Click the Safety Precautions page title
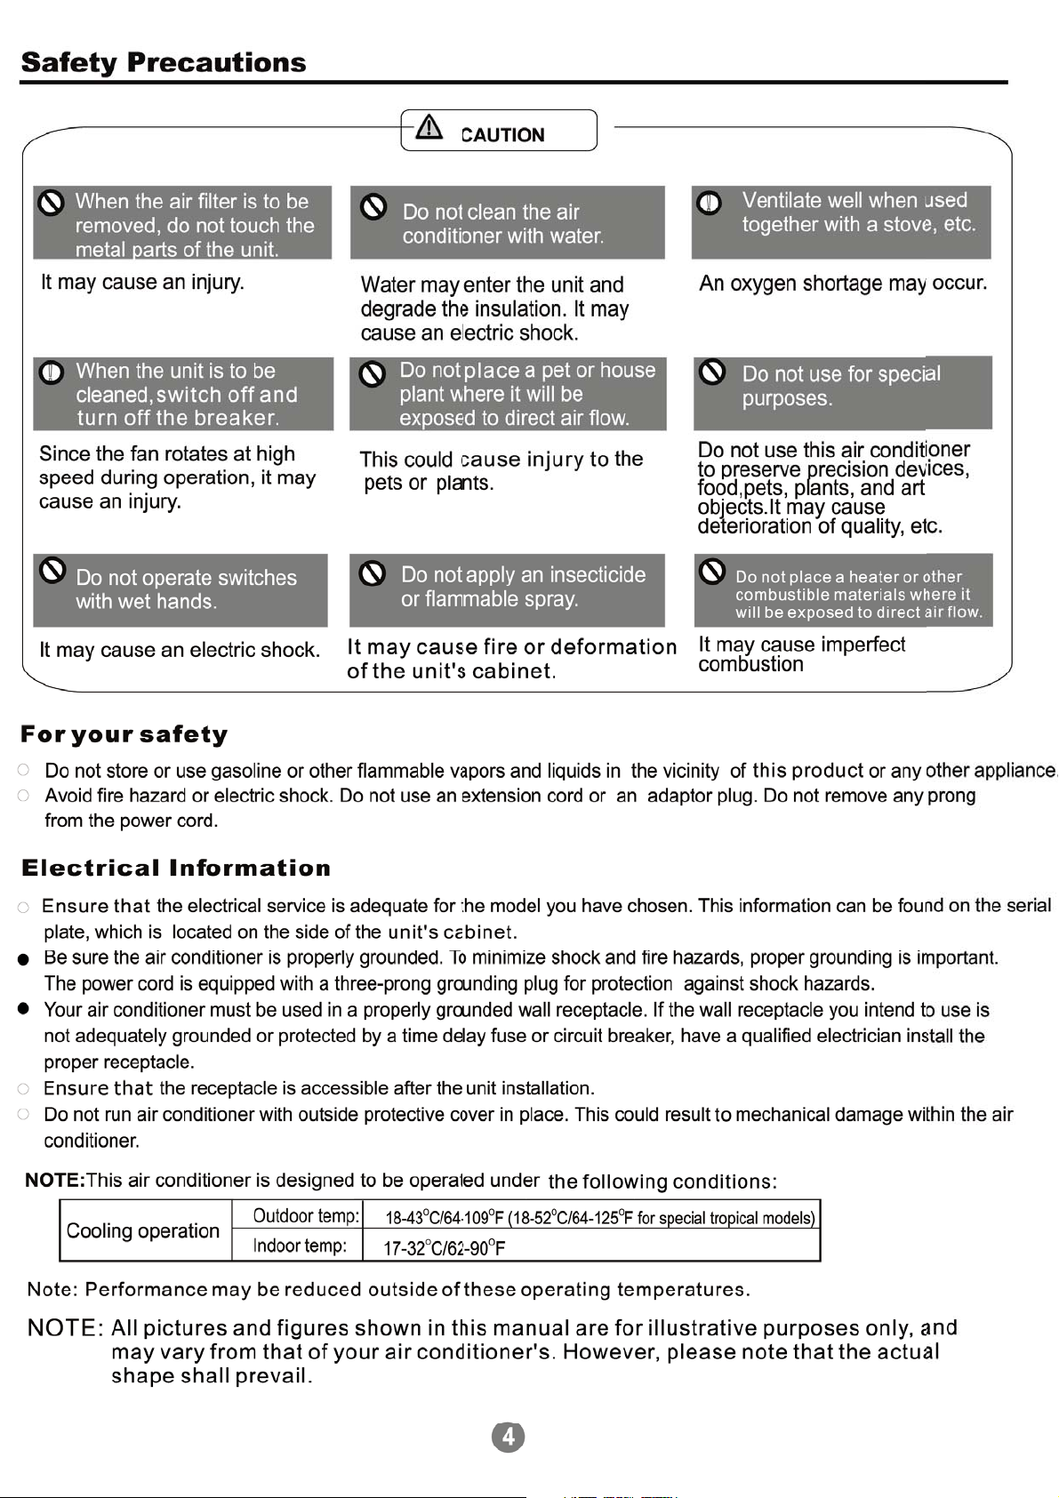point(164,62)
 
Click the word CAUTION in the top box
point(502,135)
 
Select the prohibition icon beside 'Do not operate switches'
point(52,571)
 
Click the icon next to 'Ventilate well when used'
point(709,203)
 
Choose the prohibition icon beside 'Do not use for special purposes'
point(712,372)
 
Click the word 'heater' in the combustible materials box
point(873,577)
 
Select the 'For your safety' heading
point(124,734)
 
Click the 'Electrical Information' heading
point(176,868)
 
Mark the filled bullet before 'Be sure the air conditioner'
point(24,959)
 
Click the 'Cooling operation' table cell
point(143,1230)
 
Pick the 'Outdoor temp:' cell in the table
point(306,1216)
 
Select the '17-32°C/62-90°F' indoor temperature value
point(444,1248)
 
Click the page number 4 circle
point(508,1437)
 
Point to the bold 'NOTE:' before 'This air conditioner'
point(54,1181)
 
